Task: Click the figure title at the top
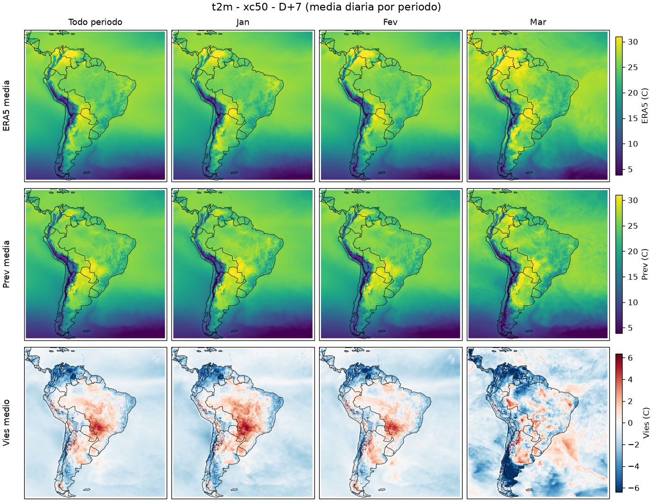326,7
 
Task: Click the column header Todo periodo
95,22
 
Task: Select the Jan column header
243,22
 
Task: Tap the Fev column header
390,22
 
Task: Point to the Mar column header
538,22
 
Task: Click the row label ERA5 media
6,106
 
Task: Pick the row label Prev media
6,264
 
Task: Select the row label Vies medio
6,423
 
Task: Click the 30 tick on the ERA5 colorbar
632,42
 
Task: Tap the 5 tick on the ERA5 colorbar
630,169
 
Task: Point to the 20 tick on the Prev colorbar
632,251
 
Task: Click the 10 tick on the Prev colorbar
632,302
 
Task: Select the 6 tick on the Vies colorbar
630,358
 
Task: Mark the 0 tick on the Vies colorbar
630,423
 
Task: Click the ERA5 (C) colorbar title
644,106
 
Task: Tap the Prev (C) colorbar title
644,264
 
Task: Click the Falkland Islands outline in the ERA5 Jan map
234,173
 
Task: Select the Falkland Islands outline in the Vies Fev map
382,490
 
